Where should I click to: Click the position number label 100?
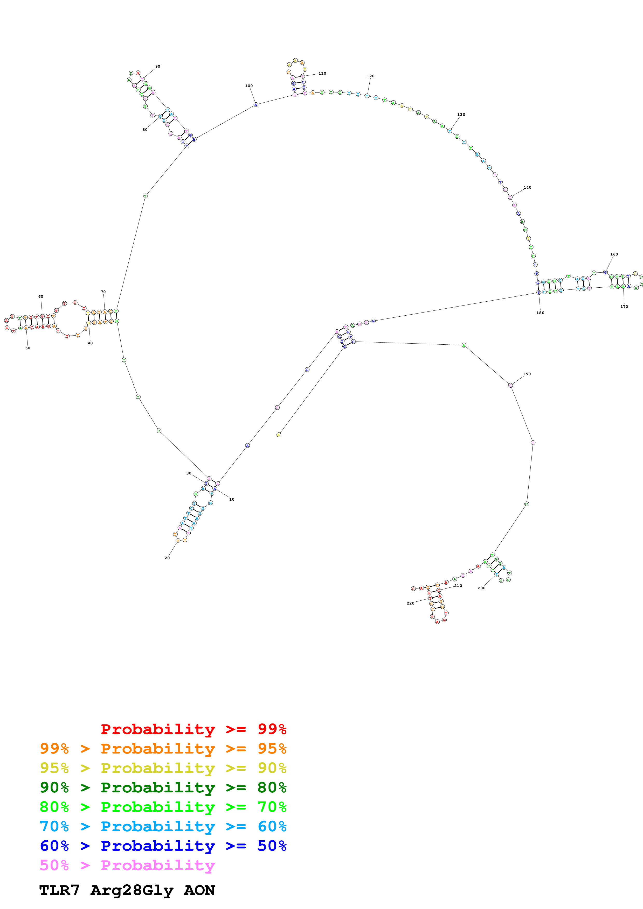(x=249, y=86)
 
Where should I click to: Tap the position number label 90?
(x=158, y=67)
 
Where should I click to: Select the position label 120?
(x=370, y=76)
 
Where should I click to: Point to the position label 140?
(x=527, y=188)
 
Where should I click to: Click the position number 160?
(x=614, y=254)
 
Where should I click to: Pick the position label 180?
(x=540, y=313)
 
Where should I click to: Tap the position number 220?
(x=410, y=603)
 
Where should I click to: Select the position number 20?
(x=167, y=558)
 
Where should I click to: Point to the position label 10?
(x=232, y=499)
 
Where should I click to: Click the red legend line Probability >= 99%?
(x=193, y=729)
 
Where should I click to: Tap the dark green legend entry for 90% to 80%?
(x=163, y=787)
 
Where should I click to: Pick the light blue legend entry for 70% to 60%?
(x=163, y=826)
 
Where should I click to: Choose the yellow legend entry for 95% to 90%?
(x=163, y=768)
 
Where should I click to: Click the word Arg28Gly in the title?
(x=132, y=890)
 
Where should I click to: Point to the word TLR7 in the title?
(x=59, y=890)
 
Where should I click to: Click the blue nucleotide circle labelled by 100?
(x=256, y=104)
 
